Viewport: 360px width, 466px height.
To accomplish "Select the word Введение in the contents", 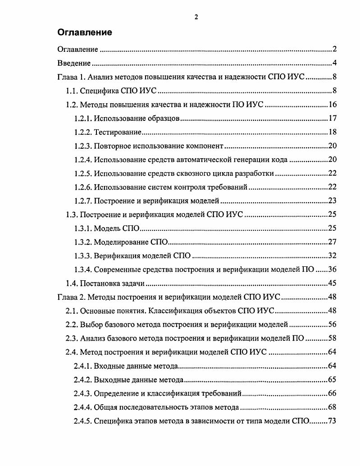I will point(74,63).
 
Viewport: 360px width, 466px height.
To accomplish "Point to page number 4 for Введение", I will point(335,63).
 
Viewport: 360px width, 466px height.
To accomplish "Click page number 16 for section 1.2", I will point(333,105).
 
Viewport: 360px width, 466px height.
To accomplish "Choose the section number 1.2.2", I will point(83,132).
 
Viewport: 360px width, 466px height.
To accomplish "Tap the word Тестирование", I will point(118,132).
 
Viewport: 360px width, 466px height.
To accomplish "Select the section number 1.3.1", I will point(83,229).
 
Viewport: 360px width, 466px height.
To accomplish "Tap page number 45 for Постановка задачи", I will point(333,284).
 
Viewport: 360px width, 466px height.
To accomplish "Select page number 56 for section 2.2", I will point(333,325).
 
